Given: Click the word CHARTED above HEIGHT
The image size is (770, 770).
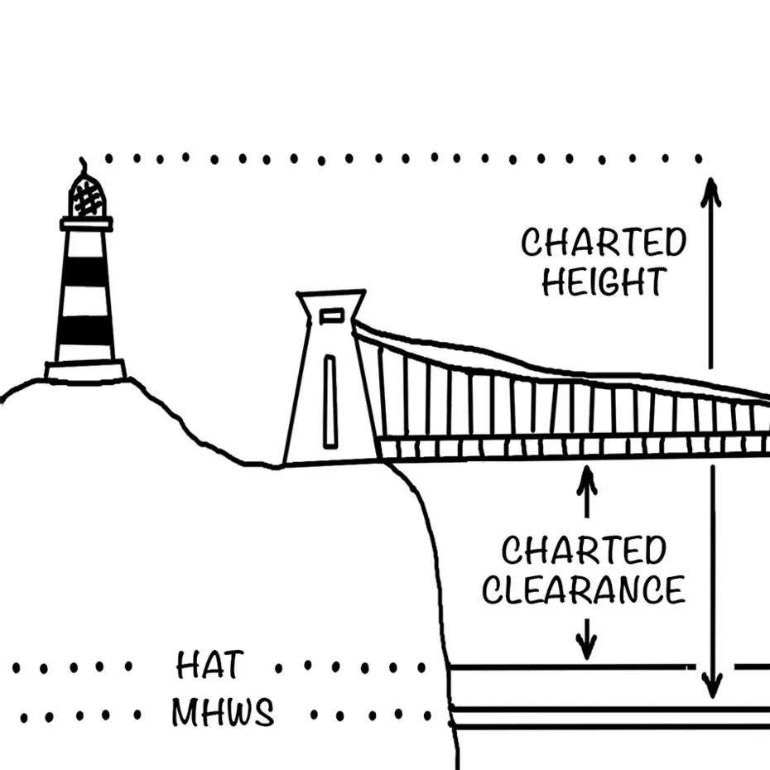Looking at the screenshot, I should click(x=604, y=243).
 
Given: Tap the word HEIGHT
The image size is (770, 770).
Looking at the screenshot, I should click(x=603, y=282).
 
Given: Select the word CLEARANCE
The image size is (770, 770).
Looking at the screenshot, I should click(x=584, y=590).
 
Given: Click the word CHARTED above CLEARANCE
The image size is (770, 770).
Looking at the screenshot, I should click(x=584, y=551).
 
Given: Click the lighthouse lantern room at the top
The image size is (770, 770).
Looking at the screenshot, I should click(x=87, y=196).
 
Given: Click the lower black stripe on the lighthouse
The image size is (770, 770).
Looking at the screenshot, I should click(x=85, y=331).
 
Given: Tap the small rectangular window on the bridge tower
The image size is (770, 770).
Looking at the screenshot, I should click(x=331, y=315).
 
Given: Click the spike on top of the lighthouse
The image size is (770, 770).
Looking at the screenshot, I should click(x=81, y=164).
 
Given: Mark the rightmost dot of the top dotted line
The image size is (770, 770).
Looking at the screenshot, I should click(x=699, y=157).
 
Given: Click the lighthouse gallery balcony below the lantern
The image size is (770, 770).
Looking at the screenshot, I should click(x=86, y=224).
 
